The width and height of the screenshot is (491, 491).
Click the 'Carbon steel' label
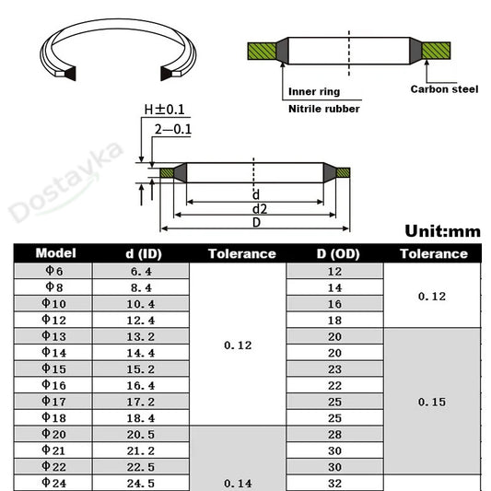(444, 89)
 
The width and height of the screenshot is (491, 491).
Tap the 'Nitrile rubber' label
(323, 109)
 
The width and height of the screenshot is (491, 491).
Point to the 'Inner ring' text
(314, 92)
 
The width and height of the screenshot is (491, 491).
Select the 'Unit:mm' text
(442, 231)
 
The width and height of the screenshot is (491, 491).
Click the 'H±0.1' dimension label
(164, 110)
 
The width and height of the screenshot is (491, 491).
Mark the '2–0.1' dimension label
(173, 129)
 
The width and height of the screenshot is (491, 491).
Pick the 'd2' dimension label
(260, 209)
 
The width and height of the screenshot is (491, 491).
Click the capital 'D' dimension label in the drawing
(256, 222)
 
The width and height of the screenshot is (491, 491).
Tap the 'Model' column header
(56, 253)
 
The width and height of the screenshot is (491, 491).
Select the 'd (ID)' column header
(144, 253)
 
